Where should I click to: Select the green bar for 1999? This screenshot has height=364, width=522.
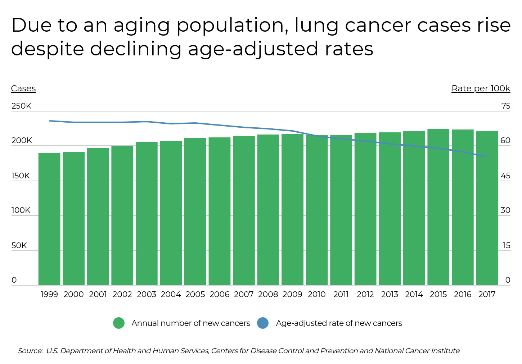(49, 219)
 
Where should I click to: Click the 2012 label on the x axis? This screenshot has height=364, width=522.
(365, 295)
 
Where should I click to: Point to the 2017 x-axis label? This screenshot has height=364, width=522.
(487, 295)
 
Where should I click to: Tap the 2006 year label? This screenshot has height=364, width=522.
(219, 295)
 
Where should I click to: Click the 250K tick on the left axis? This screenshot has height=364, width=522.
(21, 106)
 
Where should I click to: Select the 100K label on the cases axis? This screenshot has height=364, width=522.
(21, 210)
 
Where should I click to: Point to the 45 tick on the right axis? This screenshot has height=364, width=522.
(505, 176)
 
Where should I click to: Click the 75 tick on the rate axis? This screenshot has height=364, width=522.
(505, 106)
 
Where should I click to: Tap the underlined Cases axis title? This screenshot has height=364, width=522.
(23, 88)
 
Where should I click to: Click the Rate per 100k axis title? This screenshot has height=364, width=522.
(481, 88)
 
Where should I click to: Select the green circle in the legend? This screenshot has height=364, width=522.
(119, 323)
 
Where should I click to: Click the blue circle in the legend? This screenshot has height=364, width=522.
(263, 323)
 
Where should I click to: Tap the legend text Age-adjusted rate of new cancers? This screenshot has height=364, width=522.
(339, 323)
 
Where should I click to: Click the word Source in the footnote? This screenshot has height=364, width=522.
(30, 351)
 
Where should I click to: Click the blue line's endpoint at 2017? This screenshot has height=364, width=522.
(487, 157)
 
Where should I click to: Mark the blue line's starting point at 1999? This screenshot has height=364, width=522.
(50, 121)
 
